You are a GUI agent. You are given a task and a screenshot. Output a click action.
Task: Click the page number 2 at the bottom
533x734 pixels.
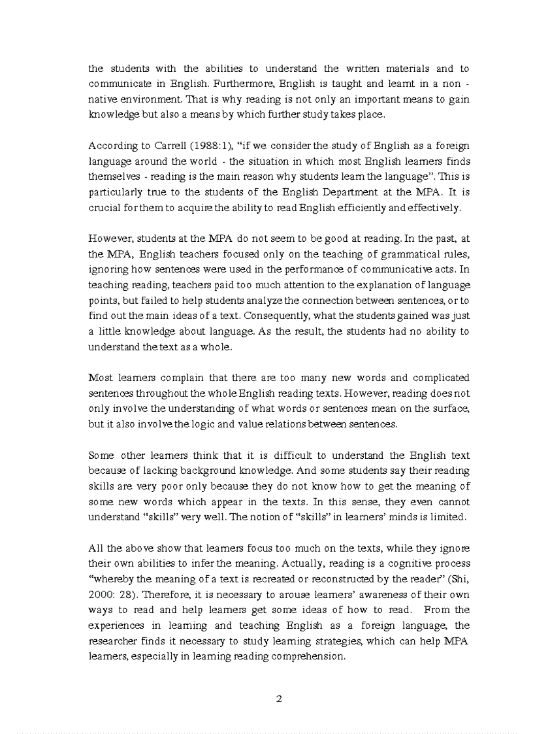click(x=279, y=699)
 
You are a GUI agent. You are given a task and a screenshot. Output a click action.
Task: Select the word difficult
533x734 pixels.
click(x=297, y=456)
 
